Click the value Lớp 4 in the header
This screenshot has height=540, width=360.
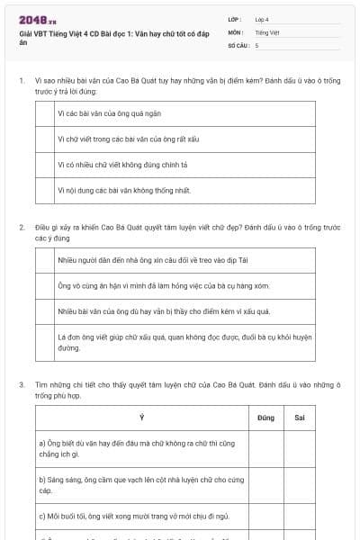262,19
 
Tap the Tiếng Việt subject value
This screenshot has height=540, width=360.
267,31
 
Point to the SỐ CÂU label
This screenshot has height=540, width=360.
237,44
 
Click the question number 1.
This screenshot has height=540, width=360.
21,81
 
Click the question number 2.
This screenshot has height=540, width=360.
21,227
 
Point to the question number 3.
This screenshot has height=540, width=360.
21,384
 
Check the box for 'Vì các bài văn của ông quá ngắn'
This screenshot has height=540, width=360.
44,113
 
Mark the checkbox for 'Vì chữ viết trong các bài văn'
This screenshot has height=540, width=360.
44,139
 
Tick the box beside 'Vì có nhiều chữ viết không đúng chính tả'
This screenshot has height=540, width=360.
44,165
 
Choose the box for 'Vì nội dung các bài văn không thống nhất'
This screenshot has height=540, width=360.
44,190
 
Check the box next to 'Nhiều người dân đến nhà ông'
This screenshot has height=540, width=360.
44,259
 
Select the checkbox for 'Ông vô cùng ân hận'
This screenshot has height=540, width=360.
44,285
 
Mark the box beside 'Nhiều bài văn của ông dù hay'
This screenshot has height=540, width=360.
44,311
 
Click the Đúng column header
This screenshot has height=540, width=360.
265,418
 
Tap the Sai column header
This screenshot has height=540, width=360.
300,418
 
